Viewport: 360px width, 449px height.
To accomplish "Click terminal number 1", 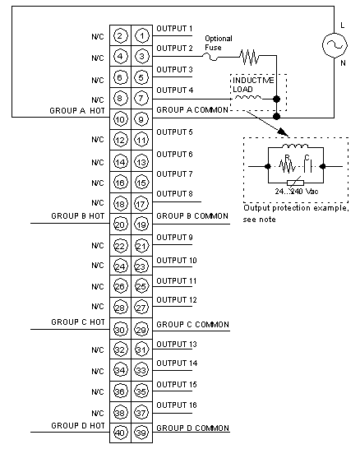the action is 142,36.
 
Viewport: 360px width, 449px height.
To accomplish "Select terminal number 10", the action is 120,119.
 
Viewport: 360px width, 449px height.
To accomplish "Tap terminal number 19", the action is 141,224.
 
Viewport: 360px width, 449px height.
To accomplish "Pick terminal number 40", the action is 120,433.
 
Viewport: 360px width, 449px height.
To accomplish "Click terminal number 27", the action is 141,308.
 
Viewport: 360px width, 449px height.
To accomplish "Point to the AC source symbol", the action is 335,45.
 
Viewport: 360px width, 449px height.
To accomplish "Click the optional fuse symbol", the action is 212,57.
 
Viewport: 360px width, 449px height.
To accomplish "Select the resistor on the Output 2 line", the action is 250,57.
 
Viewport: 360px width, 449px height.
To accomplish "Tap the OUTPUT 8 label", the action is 174,194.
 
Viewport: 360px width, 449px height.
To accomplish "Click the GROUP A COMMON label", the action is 192,110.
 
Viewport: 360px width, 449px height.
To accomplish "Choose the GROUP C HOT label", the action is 78,322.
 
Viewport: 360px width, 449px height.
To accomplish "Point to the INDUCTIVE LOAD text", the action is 253,85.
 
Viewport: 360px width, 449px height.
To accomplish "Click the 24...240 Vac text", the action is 297,192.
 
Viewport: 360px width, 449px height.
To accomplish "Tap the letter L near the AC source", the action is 343,25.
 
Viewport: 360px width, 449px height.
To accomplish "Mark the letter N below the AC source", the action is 343,62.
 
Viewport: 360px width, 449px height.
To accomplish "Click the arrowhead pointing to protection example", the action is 284,132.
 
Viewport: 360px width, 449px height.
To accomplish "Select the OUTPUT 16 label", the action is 177,405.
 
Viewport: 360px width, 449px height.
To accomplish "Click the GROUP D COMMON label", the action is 192,428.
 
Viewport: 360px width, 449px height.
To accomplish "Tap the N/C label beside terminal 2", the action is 98,37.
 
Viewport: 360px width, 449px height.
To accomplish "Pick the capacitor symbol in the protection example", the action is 307,165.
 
